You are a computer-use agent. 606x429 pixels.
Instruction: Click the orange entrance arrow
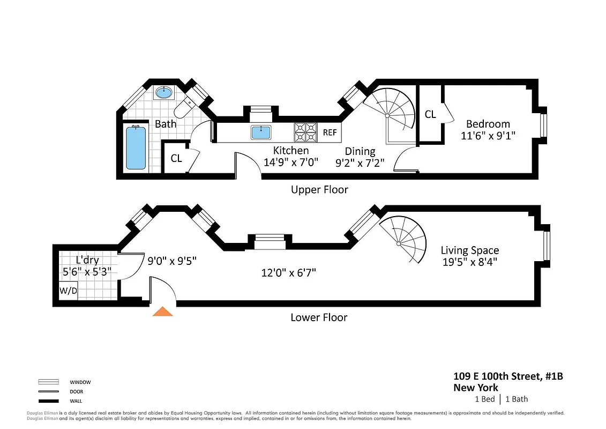tap(162, 312)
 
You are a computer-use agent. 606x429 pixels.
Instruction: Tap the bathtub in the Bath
tap(136, 148)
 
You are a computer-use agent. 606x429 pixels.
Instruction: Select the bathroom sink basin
tap(164, 93)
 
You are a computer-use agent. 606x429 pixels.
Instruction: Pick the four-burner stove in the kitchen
tap(305, 132)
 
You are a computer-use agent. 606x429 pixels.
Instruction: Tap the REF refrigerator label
tap(330, 132)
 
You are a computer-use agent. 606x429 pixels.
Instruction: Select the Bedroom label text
tap(488, 124)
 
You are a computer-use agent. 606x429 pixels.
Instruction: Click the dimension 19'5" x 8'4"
tap(469, 262)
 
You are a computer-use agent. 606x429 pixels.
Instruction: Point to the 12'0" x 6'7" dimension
tap(288, 273)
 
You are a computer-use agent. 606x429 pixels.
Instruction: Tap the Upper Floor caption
tap(319, 189)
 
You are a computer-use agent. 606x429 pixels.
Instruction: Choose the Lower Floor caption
tap(319, 317)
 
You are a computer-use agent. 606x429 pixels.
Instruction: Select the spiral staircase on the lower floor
tap(405, 238)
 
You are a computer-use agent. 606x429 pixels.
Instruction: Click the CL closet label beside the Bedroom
tap(430, 114)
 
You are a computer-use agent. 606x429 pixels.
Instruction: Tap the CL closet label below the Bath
tap(176, 158)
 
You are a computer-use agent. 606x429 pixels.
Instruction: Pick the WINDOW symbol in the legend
tap(48, 382)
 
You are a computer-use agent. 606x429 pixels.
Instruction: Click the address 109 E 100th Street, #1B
tap(507, 377)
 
